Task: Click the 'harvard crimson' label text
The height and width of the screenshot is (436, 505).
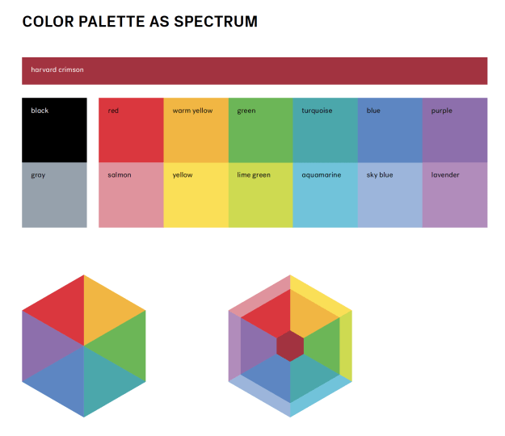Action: [x=57, y=69]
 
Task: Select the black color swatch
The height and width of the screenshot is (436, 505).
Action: [x=54, y=133]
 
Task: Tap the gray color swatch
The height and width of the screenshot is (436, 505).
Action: [x=54, y=198]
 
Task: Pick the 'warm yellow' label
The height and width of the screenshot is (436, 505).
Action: [x=192, y=111]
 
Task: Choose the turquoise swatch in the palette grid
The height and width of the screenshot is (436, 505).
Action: [x=325, y=133]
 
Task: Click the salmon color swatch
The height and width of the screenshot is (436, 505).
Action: [x=131, y=198]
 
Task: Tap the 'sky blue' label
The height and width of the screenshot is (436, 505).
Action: [x=380, y=174]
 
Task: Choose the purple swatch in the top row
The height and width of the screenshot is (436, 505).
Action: [x=455, y=133]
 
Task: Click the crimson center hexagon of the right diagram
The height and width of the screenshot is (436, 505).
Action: [x=290, y=346]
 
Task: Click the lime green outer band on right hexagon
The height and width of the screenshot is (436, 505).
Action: [x=346, y=347]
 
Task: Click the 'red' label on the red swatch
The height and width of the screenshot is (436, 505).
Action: [x=113, y=111]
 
